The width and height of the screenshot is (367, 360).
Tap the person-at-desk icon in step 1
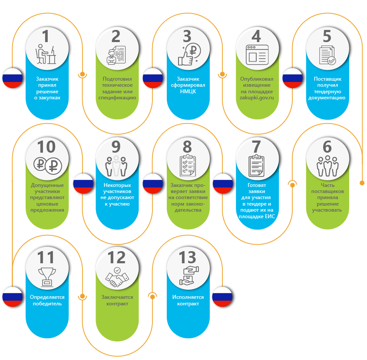coord(47,55)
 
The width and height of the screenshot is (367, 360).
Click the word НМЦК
coord(187,91)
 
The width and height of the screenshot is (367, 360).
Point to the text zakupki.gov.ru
coord(257,98)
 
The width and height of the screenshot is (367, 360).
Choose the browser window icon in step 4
coord(257,55)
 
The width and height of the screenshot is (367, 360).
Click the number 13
coord(187,258)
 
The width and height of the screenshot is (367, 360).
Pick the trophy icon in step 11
coord(47,276)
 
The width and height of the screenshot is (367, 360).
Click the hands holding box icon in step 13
coord(187,276)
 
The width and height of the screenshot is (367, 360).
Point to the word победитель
coord(47,304)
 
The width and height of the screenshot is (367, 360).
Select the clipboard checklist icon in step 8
coord(187,165)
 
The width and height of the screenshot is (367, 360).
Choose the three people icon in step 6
coord(327,166)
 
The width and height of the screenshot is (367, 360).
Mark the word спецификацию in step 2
coord(117,98)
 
